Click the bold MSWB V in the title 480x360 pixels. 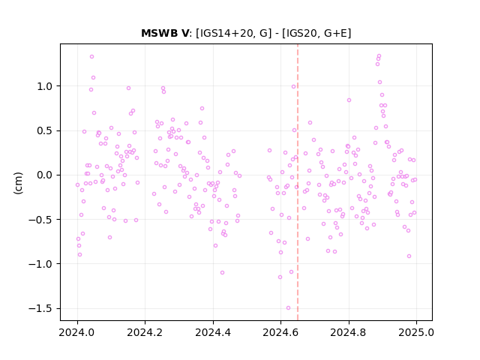[x=165, y=33]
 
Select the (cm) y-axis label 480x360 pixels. [x=18, y=183]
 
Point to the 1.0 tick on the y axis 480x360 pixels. [x=45, y=86]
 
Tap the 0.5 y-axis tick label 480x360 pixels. [x=45, y=130]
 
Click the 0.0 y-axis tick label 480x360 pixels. [x=45, y=175]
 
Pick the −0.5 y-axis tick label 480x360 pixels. [x=40, y=220]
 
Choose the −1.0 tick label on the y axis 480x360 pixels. [x=40, y=264]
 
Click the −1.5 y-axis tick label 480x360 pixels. [x=40, y=308]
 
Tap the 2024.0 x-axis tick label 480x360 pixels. [x=77, y=332]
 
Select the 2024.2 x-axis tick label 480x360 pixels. [x=145, y=332]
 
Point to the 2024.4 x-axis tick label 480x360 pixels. [x=213, y=332]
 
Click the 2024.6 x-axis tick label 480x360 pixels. [x=280, y=332]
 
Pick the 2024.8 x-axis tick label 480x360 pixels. [x=348, y=332]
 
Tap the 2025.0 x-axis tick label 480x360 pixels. [x=416, y=332]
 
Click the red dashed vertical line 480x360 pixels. [x=298, y=182]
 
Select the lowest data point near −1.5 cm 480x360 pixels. [x=288, y=308]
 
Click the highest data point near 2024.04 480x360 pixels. [x=91, y=57]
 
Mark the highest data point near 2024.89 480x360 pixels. [x=379, y=56]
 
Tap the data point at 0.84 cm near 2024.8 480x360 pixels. [x=349, y=100]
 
